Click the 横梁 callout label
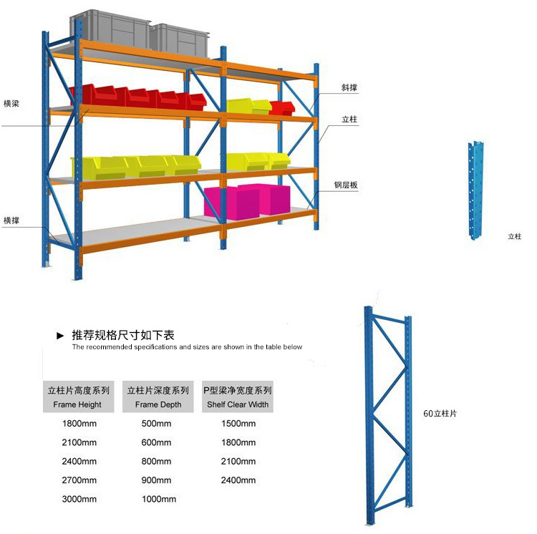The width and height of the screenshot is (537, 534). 11,103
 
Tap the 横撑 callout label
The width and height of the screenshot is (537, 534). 11,220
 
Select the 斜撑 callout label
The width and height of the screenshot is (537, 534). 349,88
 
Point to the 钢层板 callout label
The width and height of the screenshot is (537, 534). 345,185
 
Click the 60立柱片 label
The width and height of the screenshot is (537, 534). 440,413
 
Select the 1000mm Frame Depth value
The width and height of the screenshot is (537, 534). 158,500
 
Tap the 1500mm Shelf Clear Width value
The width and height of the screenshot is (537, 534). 238,424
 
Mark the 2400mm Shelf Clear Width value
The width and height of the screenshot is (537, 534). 238,480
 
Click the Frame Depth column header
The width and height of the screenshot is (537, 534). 158,397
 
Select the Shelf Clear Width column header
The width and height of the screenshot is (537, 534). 238,397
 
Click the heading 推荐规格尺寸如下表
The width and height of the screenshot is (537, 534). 123,335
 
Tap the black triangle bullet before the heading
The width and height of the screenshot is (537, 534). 61,335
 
